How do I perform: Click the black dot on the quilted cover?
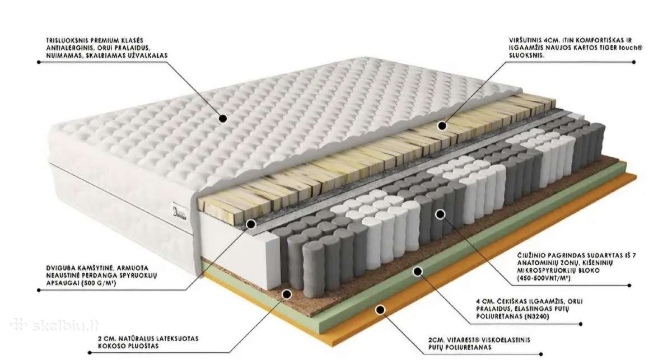[x=223, y=119]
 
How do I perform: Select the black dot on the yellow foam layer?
[x=442, y=126]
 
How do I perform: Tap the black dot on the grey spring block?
[x=440, y=214]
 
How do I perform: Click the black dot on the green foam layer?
[x=417, y=272]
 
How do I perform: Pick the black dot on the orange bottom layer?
[x=380, y=310]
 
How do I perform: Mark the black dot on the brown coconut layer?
[x=287, y=294]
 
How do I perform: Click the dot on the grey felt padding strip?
[x=251, y=224]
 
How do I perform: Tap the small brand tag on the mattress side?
[x=179, y=212]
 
